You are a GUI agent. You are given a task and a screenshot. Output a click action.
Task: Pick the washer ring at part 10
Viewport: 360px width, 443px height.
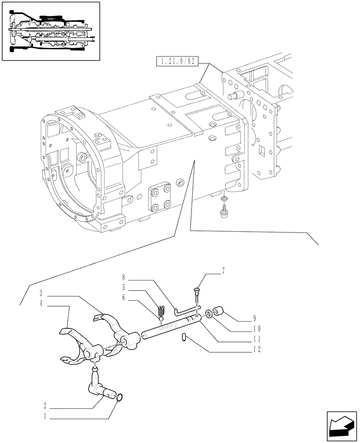pos(208,316)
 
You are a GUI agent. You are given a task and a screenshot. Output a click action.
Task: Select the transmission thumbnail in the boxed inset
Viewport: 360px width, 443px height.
pos(50,31)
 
